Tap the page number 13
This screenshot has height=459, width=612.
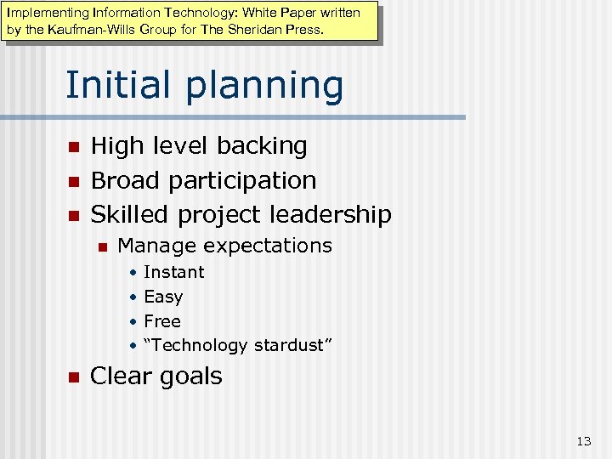(x=583, y=440)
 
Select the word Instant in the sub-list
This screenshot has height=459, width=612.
(x=174, y=272)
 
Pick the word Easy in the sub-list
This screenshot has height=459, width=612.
(x=163, y=297)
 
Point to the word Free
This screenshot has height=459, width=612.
(x=162, y=321)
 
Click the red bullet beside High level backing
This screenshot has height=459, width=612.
(x=73, y=147)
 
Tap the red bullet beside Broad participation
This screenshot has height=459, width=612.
(x=73, y=181)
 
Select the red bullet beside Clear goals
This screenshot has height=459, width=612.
(x=73, y=377)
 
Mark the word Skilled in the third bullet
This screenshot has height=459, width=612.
(x=130, y=214)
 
